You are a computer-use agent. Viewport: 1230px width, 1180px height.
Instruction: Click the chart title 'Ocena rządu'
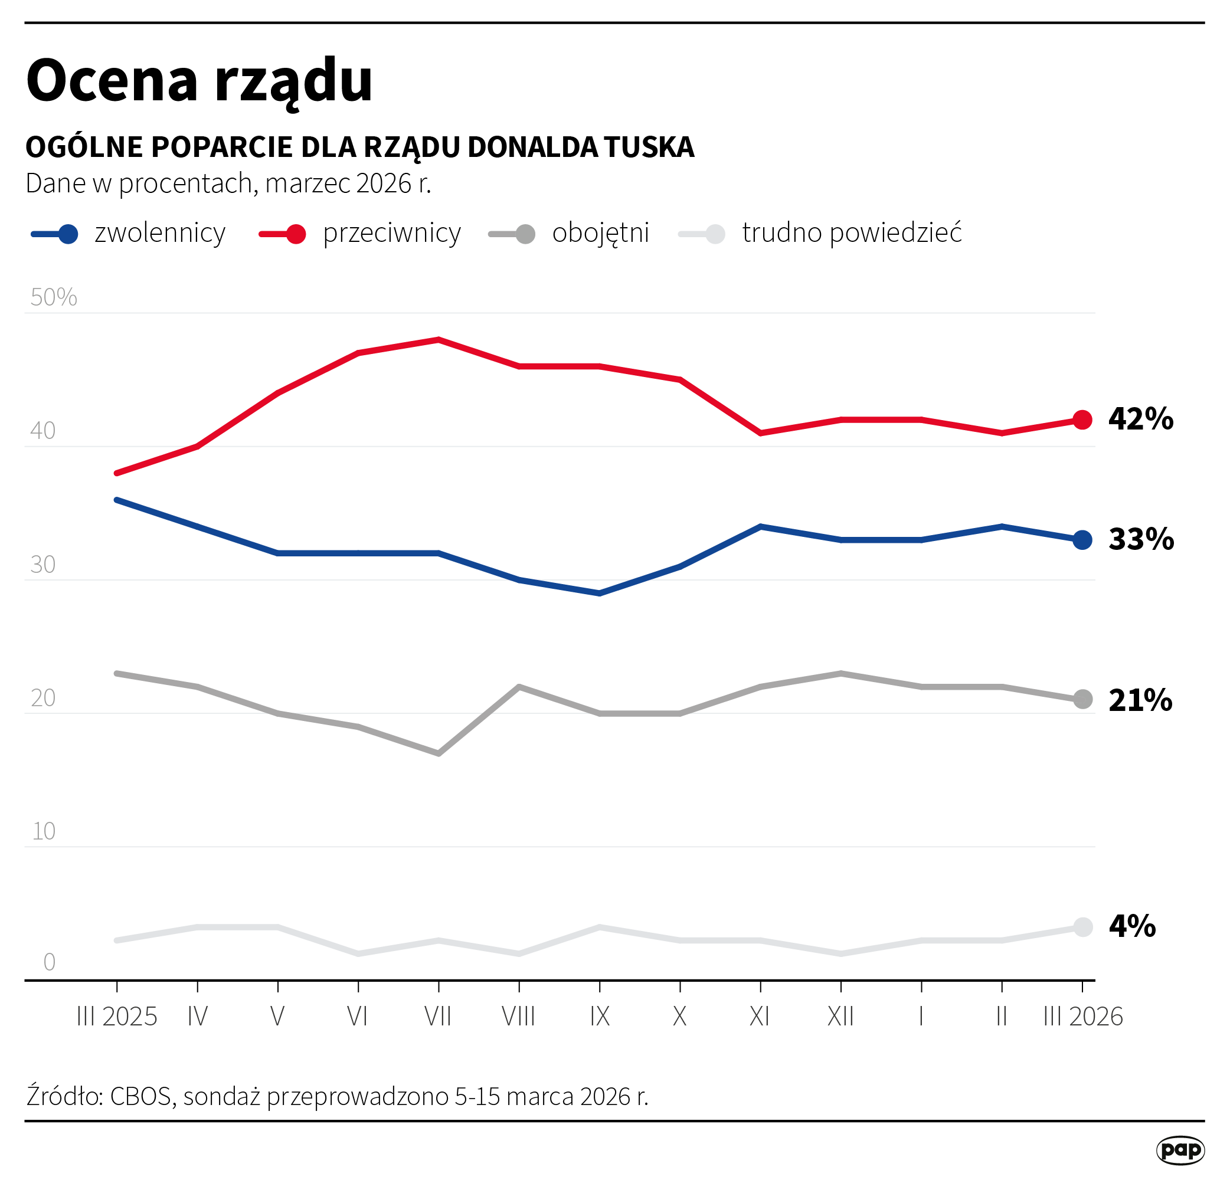click(199, 81)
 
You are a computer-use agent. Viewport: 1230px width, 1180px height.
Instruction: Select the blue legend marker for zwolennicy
click(68, 234)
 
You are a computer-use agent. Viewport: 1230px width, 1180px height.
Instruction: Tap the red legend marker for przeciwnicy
click(296, 234)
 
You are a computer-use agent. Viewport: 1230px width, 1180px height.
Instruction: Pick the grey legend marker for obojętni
click(525, 234)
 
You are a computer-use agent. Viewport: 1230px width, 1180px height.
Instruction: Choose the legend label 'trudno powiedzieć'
click(852, 232)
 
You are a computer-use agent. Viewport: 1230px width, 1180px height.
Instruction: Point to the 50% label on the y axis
click(53, 297)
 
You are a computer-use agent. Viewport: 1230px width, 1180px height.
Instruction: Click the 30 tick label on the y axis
click(42, 565)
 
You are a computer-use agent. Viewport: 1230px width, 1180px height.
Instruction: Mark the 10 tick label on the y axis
click(43, 832)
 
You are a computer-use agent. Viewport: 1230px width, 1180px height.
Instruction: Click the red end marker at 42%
click(1082, 419)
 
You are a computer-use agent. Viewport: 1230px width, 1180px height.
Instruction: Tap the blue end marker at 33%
click(1082, 539)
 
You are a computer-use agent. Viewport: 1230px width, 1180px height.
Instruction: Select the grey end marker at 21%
click(1082, 700)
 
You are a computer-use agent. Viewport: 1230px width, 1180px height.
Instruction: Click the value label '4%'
click(1132, 926)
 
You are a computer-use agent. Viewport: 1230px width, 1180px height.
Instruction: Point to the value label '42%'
click(1140, 419)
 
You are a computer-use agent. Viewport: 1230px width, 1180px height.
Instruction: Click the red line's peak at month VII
click(439, 339)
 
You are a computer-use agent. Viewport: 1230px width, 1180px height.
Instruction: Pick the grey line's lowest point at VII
click(439, 753)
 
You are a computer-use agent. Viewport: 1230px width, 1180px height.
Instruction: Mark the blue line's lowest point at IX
click(600, 593)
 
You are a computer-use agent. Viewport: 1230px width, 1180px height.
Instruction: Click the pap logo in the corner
click(1180, 1150)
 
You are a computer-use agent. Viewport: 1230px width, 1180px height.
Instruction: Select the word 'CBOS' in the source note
click(140, 1097)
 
